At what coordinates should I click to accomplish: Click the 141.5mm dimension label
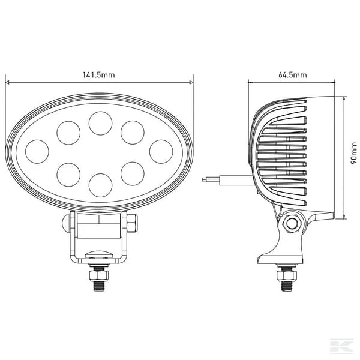click(98, 75)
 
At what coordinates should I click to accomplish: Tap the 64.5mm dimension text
click(293, 75)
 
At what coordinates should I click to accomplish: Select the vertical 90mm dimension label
click(354, 153)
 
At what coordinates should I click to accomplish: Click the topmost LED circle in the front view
click(101, 123)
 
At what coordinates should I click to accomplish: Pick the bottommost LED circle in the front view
click(101, 185)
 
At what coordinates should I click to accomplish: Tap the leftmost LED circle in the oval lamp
click(37, 152)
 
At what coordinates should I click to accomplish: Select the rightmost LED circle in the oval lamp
click(161, 152)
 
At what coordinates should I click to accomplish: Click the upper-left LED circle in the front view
click(68, 133)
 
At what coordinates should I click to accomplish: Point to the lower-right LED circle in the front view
click(133, 173)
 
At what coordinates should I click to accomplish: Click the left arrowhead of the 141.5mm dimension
click(7, 82)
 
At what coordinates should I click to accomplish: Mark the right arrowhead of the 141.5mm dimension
click(191, 82)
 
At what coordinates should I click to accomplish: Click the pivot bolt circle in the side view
click(292, 223)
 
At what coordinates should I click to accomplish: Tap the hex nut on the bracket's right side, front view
click(132, 223)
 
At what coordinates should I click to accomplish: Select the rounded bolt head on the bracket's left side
click(66, 223)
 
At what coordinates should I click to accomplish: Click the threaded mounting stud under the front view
click(99, 278)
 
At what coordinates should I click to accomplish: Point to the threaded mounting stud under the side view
click(287, 278)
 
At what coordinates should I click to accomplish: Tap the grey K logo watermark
click(342, 345)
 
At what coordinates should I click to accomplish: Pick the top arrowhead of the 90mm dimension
click(344, 98)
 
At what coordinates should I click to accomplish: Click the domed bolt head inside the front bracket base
click(99, 254)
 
